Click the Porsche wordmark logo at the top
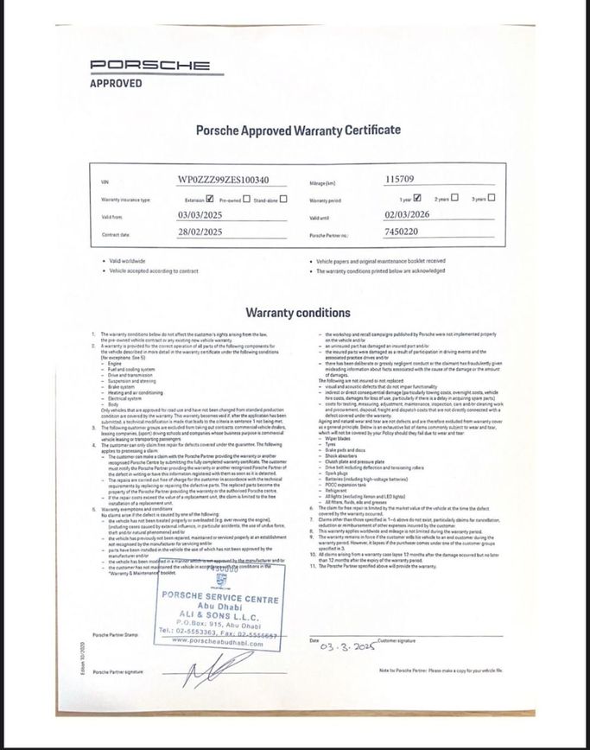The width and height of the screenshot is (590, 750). coord(150,65)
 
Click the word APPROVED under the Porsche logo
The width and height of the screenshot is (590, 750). coord(117,84)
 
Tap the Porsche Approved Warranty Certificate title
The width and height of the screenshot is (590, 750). coord(298,130)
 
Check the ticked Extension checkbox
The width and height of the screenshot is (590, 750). coord(210,198)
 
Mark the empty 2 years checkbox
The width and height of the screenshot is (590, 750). coord(454,198)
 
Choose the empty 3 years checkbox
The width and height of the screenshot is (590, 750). coord(492,198)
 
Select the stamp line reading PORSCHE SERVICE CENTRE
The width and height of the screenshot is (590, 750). coord(220,600)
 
